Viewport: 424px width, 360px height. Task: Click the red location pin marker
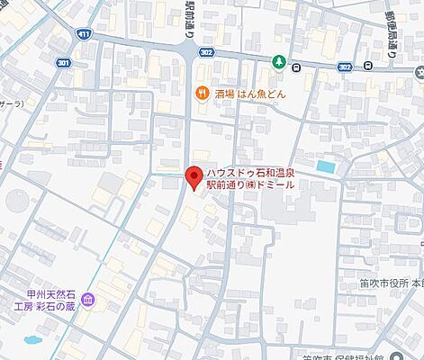192,177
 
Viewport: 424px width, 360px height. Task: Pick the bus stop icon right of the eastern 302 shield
369,66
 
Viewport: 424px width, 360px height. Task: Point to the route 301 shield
64,62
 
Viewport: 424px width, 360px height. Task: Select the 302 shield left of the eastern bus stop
345,66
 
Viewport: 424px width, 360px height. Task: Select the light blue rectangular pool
325,166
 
